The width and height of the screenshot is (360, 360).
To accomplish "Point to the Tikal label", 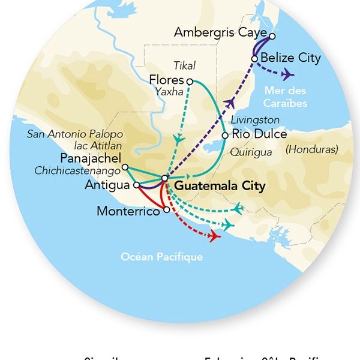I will tap(184, 65).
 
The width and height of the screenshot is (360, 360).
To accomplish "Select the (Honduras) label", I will tap(311, 149).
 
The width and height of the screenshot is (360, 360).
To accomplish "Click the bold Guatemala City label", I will tap(220, 186).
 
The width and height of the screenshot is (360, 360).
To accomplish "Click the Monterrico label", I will tap(130, 211).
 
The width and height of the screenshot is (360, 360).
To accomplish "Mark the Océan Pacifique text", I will tap(161, 257).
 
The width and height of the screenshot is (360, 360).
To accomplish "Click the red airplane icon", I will tap(213, 235).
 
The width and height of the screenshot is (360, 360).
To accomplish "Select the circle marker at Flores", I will tap(190, 81).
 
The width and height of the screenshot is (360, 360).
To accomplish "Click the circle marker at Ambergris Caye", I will tap(272, 36).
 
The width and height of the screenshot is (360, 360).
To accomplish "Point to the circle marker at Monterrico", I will tap(166, 211).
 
